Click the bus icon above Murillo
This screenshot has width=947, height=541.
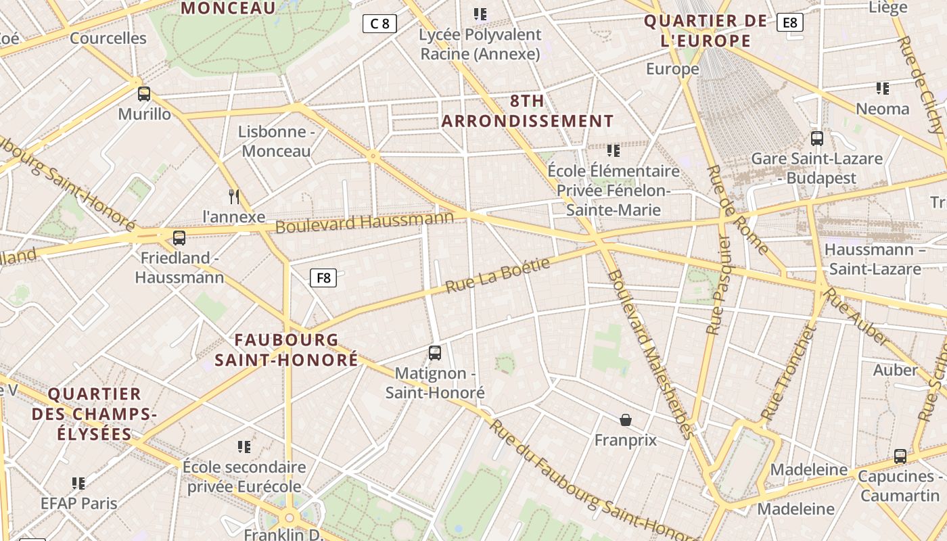pos(144,94)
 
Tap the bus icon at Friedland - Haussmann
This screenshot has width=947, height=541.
pos(179,238)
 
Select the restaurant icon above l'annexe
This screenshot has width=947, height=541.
pos(234,197)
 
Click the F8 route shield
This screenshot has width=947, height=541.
pos(323,277)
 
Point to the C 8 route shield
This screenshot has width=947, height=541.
pos(379,24)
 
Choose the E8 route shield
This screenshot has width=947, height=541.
pos(789,22)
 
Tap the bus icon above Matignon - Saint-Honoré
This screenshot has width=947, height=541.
pos(435,352)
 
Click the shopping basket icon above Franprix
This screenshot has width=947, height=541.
pos(626,420)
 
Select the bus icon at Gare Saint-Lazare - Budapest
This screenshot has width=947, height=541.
pos(817,139)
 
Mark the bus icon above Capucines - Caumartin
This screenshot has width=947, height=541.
pos(900,456)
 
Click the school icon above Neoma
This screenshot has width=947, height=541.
pos(882,89)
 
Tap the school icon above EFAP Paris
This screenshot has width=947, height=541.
pos(78,483)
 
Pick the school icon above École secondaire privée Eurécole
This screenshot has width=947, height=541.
pos(244,446)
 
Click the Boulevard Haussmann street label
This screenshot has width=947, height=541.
pos(364,222)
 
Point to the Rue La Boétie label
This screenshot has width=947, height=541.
pos(498,275)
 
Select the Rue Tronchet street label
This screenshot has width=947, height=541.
pos(789,374)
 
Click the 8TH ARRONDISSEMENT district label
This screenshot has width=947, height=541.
pos(528,112)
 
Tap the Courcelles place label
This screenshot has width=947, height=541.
pos(108,38)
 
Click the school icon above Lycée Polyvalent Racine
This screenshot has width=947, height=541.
pos(480,14)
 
